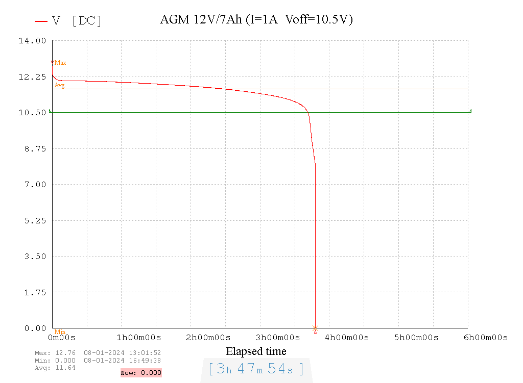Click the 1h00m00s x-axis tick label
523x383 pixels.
point(139,338)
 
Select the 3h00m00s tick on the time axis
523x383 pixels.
point(278,338)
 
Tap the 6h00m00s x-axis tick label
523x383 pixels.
point(486,338)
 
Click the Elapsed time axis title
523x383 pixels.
point(256,351)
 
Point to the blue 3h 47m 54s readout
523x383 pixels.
point(256,369)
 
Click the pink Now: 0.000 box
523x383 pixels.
point(141,373)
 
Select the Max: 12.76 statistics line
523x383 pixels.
point(98,353)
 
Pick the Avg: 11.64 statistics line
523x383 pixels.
point(55,368)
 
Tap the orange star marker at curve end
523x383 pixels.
point(315,328)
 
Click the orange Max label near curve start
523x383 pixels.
point(60,63)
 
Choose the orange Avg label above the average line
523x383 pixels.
point(60,85)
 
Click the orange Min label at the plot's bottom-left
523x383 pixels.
point(60,332)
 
